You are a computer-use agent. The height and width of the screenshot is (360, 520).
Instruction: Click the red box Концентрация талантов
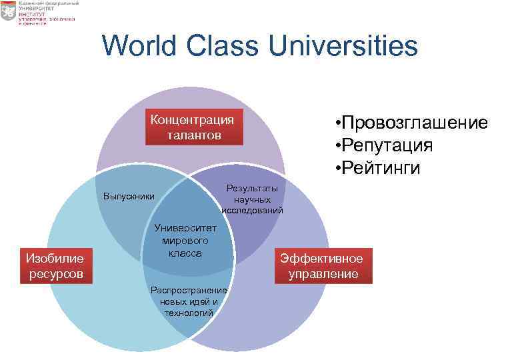pyautogui.click(x=193, y=127)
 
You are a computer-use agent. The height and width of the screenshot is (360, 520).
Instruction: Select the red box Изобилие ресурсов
pyautogui.click(x=55, y=265)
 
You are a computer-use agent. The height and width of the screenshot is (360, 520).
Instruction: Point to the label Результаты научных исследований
pyautogui.click(x=252, y=199)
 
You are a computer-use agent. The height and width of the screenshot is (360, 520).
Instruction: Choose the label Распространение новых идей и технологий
pyautogui.click(x=189, y=301)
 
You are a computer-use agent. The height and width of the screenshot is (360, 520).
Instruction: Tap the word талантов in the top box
pyautogui.click(x=193, y=135)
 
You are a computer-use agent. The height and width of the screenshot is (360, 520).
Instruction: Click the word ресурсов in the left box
pyautogui.click(x=55, y=273)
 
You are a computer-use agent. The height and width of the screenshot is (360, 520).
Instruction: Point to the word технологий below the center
pyautogui.click(x=189, y=312)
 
